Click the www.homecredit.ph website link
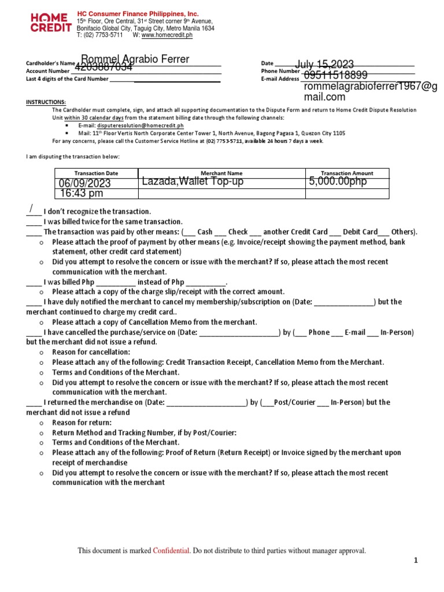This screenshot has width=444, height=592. coord(167,35)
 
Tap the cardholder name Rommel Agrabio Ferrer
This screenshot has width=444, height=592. coord(135,60)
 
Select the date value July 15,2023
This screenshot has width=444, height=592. coord(325,64)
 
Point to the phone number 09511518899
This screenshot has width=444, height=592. coord(335,75)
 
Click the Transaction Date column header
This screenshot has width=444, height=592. coord(96,173)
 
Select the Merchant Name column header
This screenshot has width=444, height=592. coord(221,173)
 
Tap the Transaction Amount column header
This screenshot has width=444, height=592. coord(347,173)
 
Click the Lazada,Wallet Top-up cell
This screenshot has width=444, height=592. coord(193,182)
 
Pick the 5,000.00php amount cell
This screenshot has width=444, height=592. coord(338,182)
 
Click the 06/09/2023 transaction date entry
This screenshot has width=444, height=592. coord(85,183)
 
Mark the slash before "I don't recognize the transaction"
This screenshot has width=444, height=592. coord(32,209)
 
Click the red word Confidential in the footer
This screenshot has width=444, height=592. coord(172,551)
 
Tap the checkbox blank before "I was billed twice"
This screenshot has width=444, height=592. coord(34,222)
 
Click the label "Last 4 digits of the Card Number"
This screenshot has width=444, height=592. coord(67,79)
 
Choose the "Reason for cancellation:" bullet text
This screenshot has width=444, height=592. coord(91,352)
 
